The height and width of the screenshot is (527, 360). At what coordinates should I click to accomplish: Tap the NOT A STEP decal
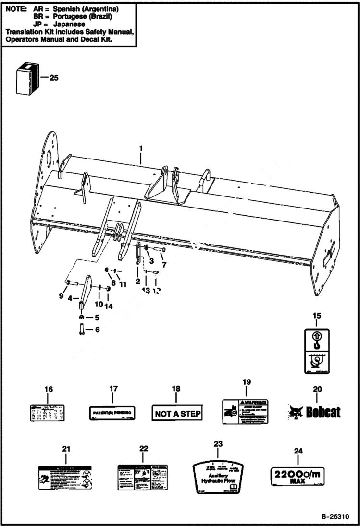coord(177,413)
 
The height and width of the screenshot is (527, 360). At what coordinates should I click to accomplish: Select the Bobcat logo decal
coord(314,412)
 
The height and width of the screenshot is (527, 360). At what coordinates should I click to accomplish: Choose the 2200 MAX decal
coord(297,477)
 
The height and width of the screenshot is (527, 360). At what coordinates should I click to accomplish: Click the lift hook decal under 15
coord(316,351)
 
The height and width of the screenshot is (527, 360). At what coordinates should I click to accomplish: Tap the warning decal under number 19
coord(245,412)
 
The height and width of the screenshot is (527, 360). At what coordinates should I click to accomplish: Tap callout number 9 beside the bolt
coord(61,296)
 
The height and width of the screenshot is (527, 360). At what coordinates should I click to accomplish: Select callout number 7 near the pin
coord(163,265)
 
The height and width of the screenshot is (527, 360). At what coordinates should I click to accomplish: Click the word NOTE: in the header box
coord(16,9)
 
